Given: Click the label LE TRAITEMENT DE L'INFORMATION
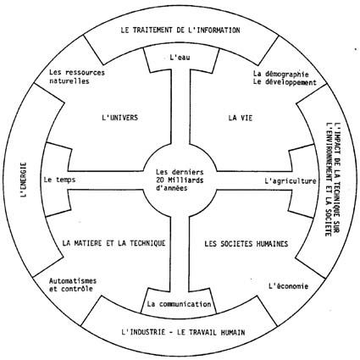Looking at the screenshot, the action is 180,30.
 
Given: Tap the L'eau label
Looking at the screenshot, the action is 180,58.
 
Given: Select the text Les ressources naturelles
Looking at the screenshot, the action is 77,77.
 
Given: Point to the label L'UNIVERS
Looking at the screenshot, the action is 119,118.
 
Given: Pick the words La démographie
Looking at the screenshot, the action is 280,75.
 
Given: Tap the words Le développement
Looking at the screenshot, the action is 285,83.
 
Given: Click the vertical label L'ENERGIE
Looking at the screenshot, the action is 24,180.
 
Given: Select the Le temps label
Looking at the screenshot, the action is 59,180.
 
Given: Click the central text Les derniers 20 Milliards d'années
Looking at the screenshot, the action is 180,180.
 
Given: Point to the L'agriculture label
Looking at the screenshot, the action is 291,181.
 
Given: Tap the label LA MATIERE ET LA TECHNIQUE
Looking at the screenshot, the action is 114,243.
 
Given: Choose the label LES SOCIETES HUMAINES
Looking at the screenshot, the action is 246,244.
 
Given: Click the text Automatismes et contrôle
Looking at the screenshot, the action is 73,285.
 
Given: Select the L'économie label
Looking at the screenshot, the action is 288,286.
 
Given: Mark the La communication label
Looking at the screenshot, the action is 179,304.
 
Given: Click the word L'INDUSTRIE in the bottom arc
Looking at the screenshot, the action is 143,332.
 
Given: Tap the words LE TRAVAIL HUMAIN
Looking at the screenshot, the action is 211,332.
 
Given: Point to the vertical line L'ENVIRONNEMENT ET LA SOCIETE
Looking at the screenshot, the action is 328,180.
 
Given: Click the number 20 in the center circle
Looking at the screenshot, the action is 160,180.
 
